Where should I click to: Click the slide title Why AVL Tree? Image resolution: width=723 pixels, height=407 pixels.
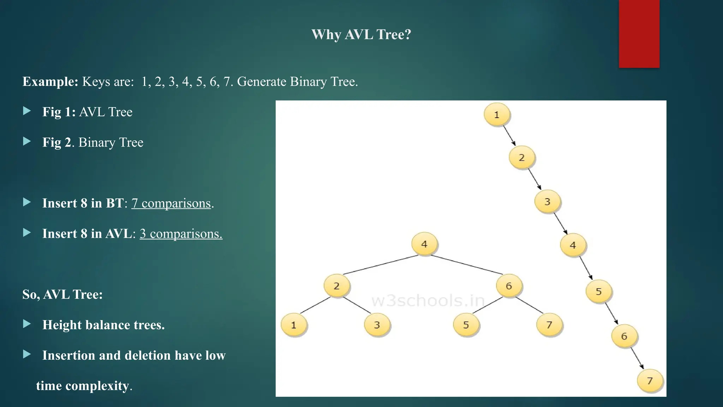(361, 35)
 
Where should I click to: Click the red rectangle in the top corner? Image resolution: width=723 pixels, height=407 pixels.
(639, 34)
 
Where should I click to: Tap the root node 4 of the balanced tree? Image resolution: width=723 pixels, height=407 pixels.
(424, 244)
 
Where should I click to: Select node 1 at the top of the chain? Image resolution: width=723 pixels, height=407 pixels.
(497, 114)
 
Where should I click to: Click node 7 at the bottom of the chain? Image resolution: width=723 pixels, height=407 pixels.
(650, 381)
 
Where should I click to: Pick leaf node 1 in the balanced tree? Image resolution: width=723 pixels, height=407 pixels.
(293, 325)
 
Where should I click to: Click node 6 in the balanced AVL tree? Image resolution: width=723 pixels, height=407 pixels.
(509, 285)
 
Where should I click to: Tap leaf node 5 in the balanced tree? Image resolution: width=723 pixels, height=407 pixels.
(466, 325)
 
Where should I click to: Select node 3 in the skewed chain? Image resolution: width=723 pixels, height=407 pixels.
(547, 201)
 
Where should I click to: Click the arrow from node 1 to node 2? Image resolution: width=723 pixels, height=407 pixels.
(509, 136)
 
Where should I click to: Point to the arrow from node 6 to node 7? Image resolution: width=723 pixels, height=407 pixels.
(637, 358)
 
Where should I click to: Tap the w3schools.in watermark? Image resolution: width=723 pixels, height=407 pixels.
(428, 301)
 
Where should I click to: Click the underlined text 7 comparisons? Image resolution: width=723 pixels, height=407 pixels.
(171, 203)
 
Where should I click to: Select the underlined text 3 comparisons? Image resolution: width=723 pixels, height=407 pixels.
(181, 234)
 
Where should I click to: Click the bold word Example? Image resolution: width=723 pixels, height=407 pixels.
(50, 82)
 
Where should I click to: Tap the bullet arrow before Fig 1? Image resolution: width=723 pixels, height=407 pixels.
(27, 111)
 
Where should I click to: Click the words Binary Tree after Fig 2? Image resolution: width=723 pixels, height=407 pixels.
(111, 142)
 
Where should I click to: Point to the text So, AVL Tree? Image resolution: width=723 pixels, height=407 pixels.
(62, 294)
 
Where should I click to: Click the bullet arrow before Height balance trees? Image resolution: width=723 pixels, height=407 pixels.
(27, 324)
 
